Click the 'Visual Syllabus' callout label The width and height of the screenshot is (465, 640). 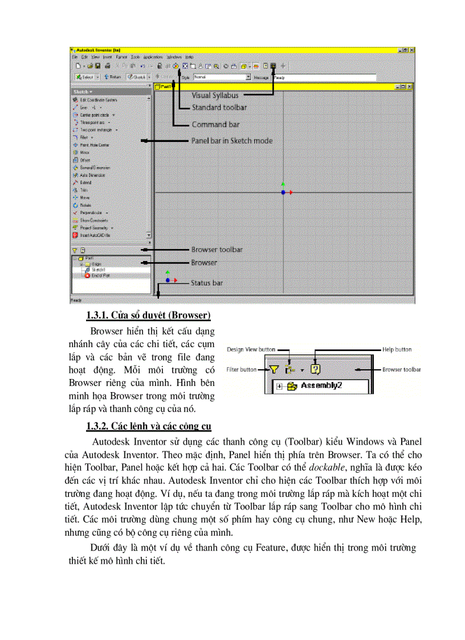[215, 95]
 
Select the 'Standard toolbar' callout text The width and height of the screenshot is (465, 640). [219, 107]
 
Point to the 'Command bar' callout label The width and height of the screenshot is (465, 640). [215, 124]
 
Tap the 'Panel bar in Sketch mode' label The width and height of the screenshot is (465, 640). [232, 140]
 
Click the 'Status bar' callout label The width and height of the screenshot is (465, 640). [206, 283]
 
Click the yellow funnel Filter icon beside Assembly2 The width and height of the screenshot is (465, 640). [274, 369]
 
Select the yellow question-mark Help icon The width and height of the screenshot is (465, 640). [315, 369]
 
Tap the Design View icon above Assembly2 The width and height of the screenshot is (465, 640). [291, 369]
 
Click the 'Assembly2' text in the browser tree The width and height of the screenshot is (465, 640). [321, 386]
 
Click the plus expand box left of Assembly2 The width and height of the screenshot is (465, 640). [279, 386]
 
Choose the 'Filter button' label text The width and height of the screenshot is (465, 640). [242, 369]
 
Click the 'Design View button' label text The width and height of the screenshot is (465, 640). [251, 349]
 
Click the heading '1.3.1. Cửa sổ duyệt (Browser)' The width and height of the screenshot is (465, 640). [148, 315]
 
